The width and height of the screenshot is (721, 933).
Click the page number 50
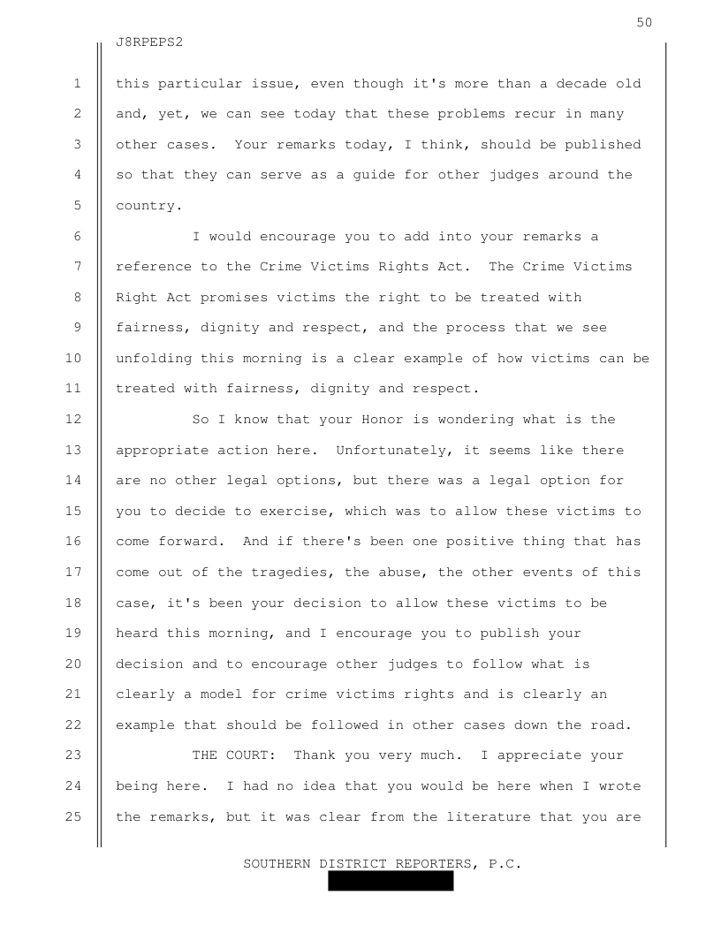pyautogui.click(x=643, y=22)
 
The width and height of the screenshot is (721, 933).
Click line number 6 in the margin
pyautogui.click(x=78, y=237)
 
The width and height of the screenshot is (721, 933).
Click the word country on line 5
pyautogui.click(x=146, y=206)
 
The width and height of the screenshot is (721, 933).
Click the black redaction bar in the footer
pyautogui.click(x=391, y=881)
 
